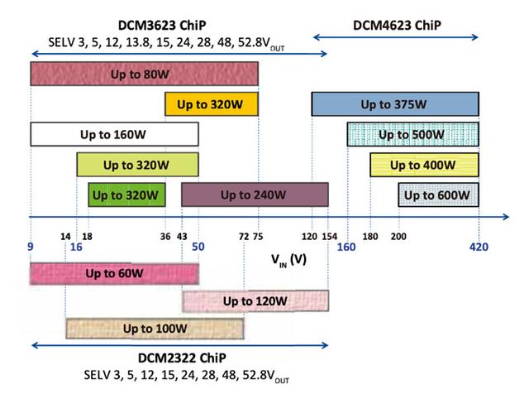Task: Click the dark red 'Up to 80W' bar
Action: [x=144, y=74]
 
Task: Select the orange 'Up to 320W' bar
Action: [x=212, y=104]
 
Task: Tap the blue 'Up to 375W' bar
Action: [x=395, y=104]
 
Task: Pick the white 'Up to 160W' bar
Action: [x=114, y=134]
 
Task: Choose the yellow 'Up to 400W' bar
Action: [x=424, y=165]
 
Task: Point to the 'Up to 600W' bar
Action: [x=439, y=195]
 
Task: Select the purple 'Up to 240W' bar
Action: [x=255, y=195]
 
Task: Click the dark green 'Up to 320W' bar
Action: [x=126, y=195]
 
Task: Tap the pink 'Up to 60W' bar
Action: [x=114, y=273]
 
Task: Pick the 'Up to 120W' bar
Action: [x=255, y=300]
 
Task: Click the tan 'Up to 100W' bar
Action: [x=155, y=329]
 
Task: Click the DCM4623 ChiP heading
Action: [x=397, y=25]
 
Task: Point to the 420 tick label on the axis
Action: [x=480, y=247]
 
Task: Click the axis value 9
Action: [x=30, y=247]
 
